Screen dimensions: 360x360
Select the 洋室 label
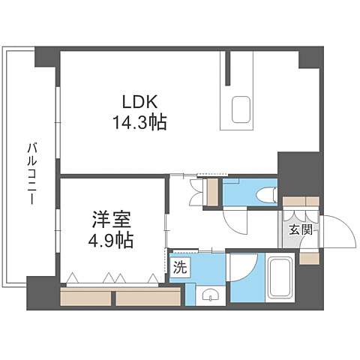(112, 220)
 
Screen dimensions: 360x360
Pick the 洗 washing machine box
(180, 266)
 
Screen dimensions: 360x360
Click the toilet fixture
(263, 195)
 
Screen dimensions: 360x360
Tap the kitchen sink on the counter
(241, 109)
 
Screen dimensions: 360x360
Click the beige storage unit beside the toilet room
(213, 192)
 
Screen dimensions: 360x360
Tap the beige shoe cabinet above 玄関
(301, 202)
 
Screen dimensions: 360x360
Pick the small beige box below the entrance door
(308, 258)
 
